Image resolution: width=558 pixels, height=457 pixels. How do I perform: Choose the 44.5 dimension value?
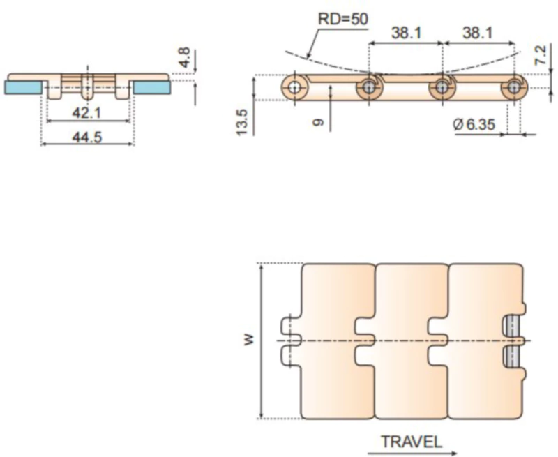tap(87, 137)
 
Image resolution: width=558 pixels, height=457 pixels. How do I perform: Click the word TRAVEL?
tap(411, 441)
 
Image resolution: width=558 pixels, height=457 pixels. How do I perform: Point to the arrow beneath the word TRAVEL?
tap(412, 451)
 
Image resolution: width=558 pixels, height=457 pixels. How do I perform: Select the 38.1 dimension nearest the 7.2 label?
tap(478, 32)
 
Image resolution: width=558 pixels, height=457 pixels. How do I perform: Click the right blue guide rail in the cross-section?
tap(152, 87)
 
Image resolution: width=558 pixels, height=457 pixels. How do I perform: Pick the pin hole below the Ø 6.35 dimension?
tap(515, 88)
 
